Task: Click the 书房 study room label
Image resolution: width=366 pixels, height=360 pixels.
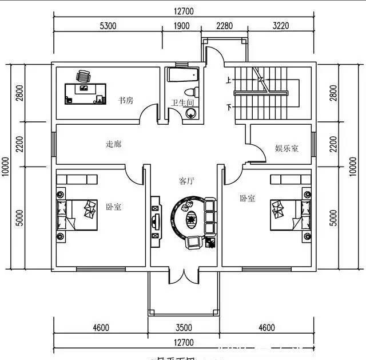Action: pos(126,101)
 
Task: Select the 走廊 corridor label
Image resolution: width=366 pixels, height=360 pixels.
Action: pos(113,144)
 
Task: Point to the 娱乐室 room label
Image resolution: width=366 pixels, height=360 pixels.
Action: pos(287,149)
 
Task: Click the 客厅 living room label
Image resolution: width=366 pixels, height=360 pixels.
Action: pos(186,181)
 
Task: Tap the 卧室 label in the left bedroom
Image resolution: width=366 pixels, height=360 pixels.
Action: pos(113,207)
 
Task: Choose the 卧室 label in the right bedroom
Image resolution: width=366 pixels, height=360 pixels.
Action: pos(247,199)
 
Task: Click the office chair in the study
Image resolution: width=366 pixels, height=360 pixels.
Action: pos(84,76)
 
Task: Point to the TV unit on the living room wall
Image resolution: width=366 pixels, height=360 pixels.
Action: pos(154,217)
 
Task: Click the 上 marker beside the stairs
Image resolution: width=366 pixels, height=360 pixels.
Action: pos(229,80)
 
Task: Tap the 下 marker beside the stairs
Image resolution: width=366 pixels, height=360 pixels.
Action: pos(229,107)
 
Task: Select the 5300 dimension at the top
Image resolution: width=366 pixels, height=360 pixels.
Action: pos(108,26)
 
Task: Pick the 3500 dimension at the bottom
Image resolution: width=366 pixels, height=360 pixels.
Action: pos(183,328)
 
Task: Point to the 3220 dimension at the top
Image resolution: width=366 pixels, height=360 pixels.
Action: pos(280,26)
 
